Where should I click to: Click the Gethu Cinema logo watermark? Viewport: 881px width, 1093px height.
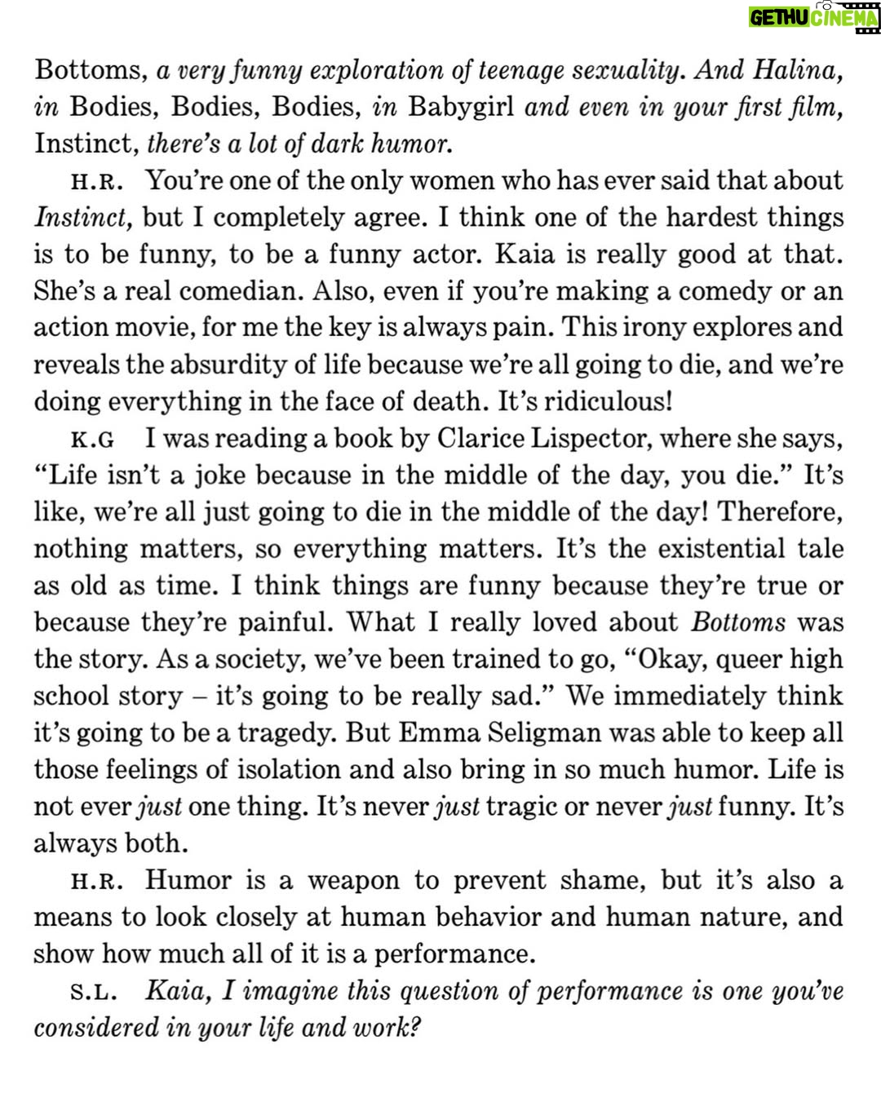point(813,18)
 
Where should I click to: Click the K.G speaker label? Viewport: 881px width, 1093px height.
point(92,440)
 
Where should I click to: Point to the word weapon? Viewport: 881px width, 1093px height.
point(353,881)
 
